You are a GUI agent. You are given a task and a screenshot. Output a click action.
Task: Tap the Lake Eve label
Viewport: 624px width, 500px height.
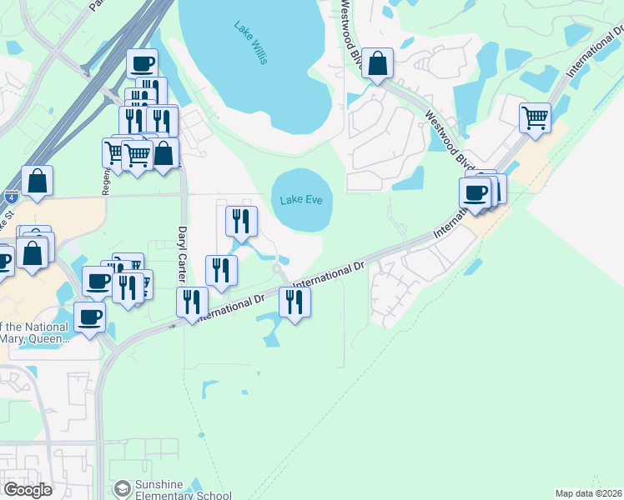301,200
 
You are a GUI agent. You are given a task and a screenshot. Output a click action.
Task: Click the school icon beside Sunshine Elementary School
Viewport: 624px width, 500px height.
123,487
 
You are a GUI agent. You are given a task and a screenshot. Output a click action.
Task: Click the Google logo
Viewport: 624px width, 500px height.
27,490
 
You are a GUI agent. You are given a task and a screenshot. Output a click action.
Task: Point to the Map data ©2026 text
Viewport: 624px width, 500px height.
588,493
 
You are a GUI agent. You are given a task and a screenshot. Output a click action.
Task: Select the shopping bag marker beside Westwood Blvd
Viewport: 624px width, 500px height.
378,63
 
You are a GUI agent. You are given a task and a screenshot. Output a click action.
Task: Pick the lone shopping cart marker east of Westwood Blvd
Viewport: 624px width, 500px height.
535,117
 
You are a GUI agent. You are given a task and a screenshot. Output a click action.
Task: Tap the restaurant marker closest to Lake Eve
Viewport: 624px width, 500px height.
241,221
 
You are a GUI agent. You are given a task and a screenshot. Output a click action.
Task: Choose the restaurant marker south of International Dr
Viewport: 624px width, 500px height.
294,301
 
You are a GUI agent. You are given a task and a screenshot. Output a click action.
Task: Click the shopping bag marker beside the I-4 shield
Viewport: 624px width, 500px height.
38,181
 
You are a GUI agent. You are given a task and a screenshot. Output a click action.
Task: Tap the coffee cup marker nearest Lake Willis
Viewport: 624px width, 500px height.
142,63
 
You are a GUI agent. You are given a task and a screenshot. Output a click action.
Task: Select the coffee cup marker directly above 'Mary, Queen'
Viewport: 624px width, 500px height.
89,316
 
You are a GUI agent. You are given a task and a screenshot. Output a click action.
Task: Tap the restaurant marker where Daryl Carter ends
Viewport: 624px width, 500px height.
193,302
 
